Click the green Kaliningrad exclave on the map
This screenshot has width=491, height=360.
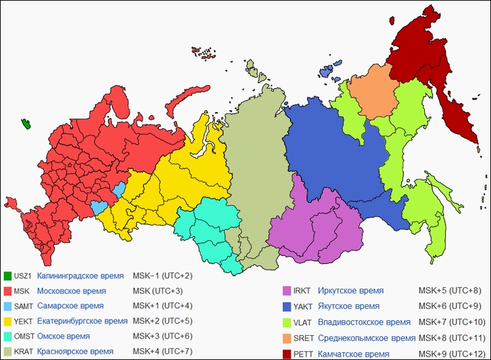pos(26,124)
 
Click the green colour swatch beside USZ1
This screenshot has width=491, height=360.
pos(8,276)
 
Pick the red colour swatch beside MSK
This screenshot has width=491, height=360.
pos(8,291)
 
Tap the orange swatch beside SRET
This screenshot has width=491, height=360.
pos(287,338)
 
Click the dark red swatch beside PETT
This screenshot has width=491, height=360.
pos(287,354)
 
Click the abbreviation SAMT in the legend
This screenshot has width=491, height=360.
pos(24,306)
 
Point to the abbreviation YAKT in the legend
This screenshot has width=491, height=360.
pos(303,307)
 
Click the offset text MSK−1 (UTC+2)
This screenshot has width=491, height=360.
pos(162,276)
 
